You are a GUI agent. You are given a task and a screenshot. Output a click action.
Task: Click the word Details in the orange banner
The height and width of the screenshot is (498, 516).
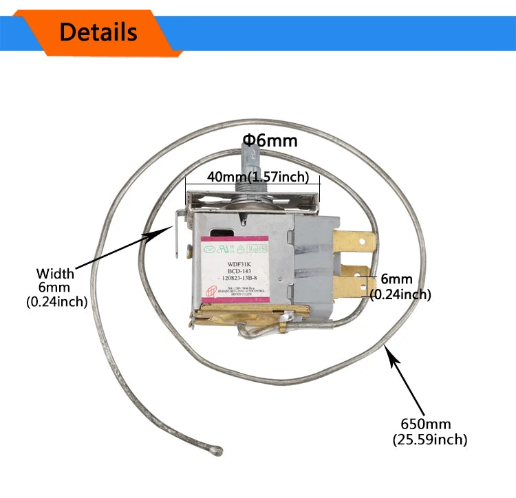click(98, 32)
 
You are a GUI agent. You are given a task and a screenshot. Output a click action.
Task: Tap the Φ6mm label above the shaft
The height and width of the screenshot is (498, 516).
click(270, 141)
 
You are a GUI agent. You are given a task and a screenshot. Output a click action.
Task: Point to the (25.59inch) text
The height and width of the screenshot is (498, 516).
click(430, 440)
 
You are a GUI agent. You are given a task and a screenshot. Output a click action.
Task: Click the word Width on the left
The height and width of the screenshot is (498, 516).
click(55, 274)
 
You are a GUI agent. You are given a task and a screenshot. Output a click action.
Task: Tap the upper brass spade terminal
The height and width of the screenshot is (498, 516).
click(356, 243)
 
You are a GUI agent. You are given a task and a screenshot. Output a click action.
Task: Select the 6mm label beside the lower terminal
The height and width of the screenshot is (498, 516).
click(396, 280)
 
